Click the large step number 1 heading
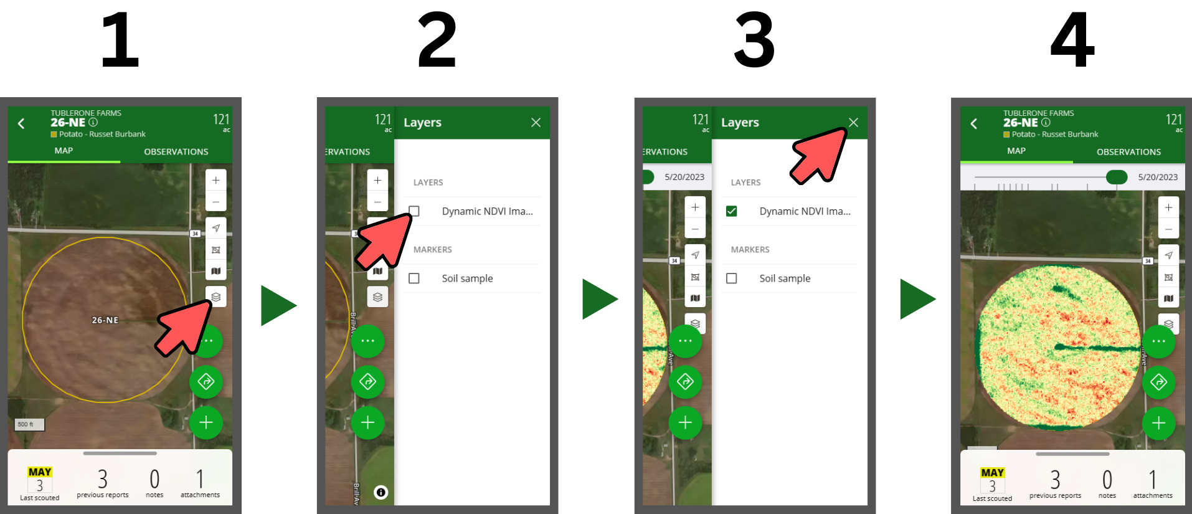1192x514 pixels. [x=120, y=40]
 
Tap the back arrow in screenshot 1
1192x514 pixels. [x=22, y=123]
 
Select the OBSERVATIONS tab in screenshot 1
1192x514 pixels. [x=176, y=151]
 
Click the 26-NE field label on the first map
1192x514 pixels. [x=105, y=320]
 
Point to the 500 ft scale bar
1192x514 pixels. [x=29, y=424]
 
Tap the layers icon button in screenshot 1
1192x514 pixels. [x=216, y=297]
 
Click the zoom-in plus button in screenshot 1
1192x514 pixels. [x=216, y=180]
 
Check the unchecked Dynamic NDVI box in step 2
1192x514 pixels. [x=414, y=211]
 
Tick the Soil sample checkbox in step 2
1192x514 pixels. [x=414, y=278]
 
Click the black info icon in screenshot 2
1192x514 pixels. [x=381, y=492]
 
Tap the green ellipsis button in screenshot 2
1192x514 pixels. [x=367, y=341]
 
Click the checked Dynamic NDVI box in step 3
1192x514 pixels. [x=732, y=211]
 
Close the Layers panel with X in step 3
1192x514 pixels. [x=853, y=123]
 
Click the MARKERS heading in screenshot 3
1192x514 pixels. [x=750, y=249]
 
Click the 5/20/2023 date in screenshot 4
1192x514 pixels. [x=1158, y=177]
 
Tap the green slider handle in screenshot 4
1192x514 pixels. [x=1117, y=177]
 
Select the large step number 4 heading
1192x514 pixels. [x=1072, y=40]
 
